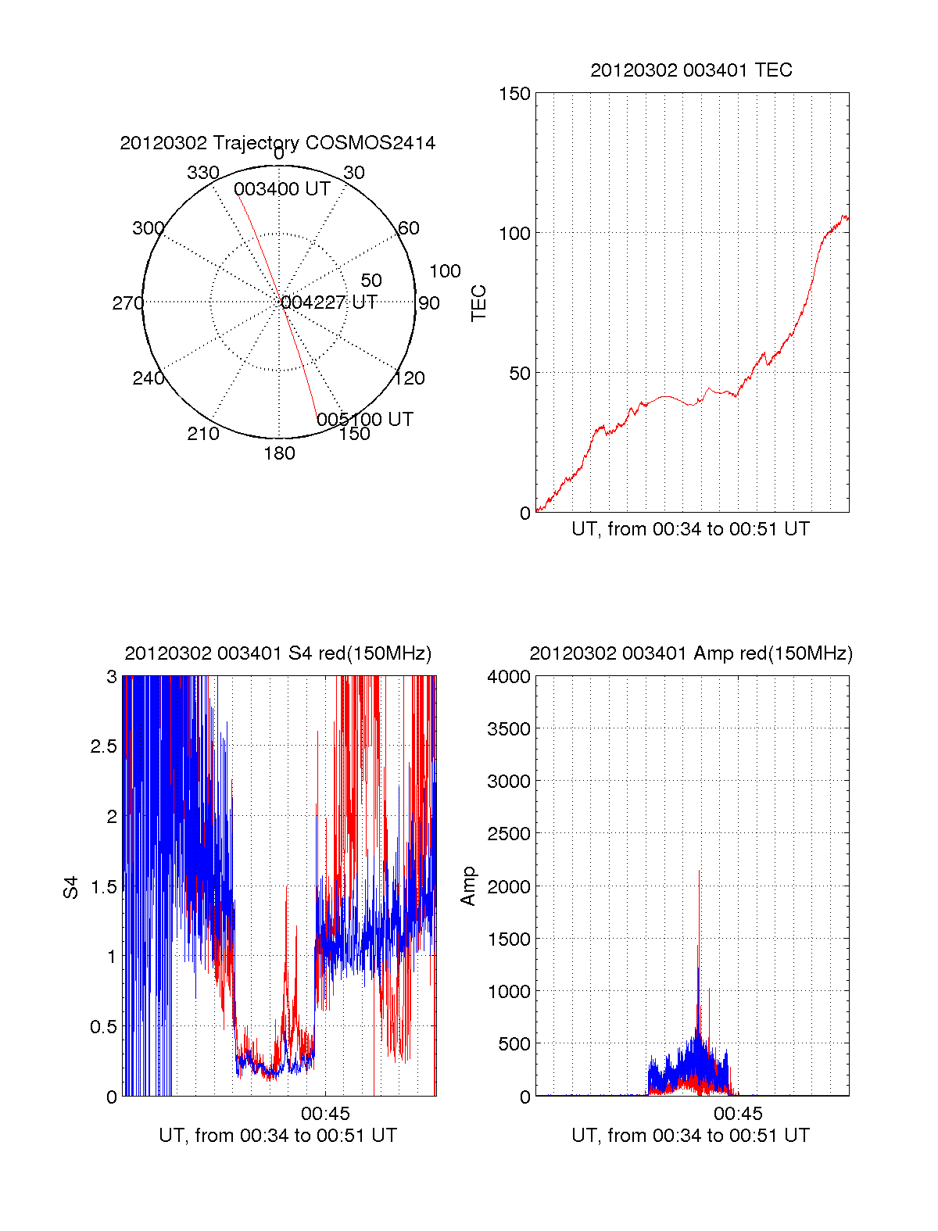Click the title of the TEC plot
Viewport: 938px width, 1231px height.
click(x=691, y=70)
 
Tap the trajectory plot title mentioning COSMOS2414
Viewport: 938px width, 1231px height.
click(x=277, y=143)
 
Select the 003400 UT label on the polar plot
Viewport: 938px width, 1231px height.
click(x=281, y=189)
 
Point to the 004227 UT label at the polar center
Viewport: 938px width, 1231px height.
click(x=329, y=302)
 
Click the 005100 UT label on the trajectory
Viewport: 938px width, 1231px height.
click(x=364, y=420)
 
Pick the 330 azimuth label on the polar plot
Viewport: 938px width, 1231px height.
click(x=202, y=173)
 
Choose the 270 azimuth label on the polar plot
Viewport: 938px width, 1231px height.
click(x=127, y=303)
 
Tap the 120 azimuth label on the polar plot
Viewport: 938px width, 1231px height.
click(x=410, y=379)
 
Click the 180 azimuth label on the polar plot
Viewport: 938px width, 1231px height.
click(x=279, y=453)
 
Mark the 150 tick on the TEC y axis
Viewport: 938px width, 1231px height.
click(x=514, y=94)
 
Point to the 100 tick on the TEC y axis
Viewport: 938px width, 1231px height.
click(x=514, y=233)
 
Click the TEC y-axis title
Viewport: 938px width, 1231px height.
click(x=479, y=303)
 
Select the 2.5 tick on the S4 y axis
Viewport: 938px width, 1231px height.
click(x=103, y=746)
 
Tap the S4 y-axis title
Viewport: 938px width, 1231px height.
click(x=71, y=887)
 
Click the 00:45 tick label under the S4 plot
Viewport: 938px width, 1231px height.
click(x=325, y=1113)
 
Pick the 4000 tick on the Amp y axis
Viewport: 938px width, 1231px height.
click(x=509, y=677)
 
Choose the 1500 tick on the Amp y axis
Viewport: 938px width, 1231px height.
click(x=509, y=939)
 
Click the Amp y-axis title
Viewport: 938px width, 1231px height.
click(x=468, y=886)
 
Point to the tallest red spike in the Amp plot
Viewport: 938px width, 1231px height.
click(x=699, y=872)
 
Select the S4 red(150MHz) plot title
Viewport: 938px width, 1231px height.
click(x=277, y=653)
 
